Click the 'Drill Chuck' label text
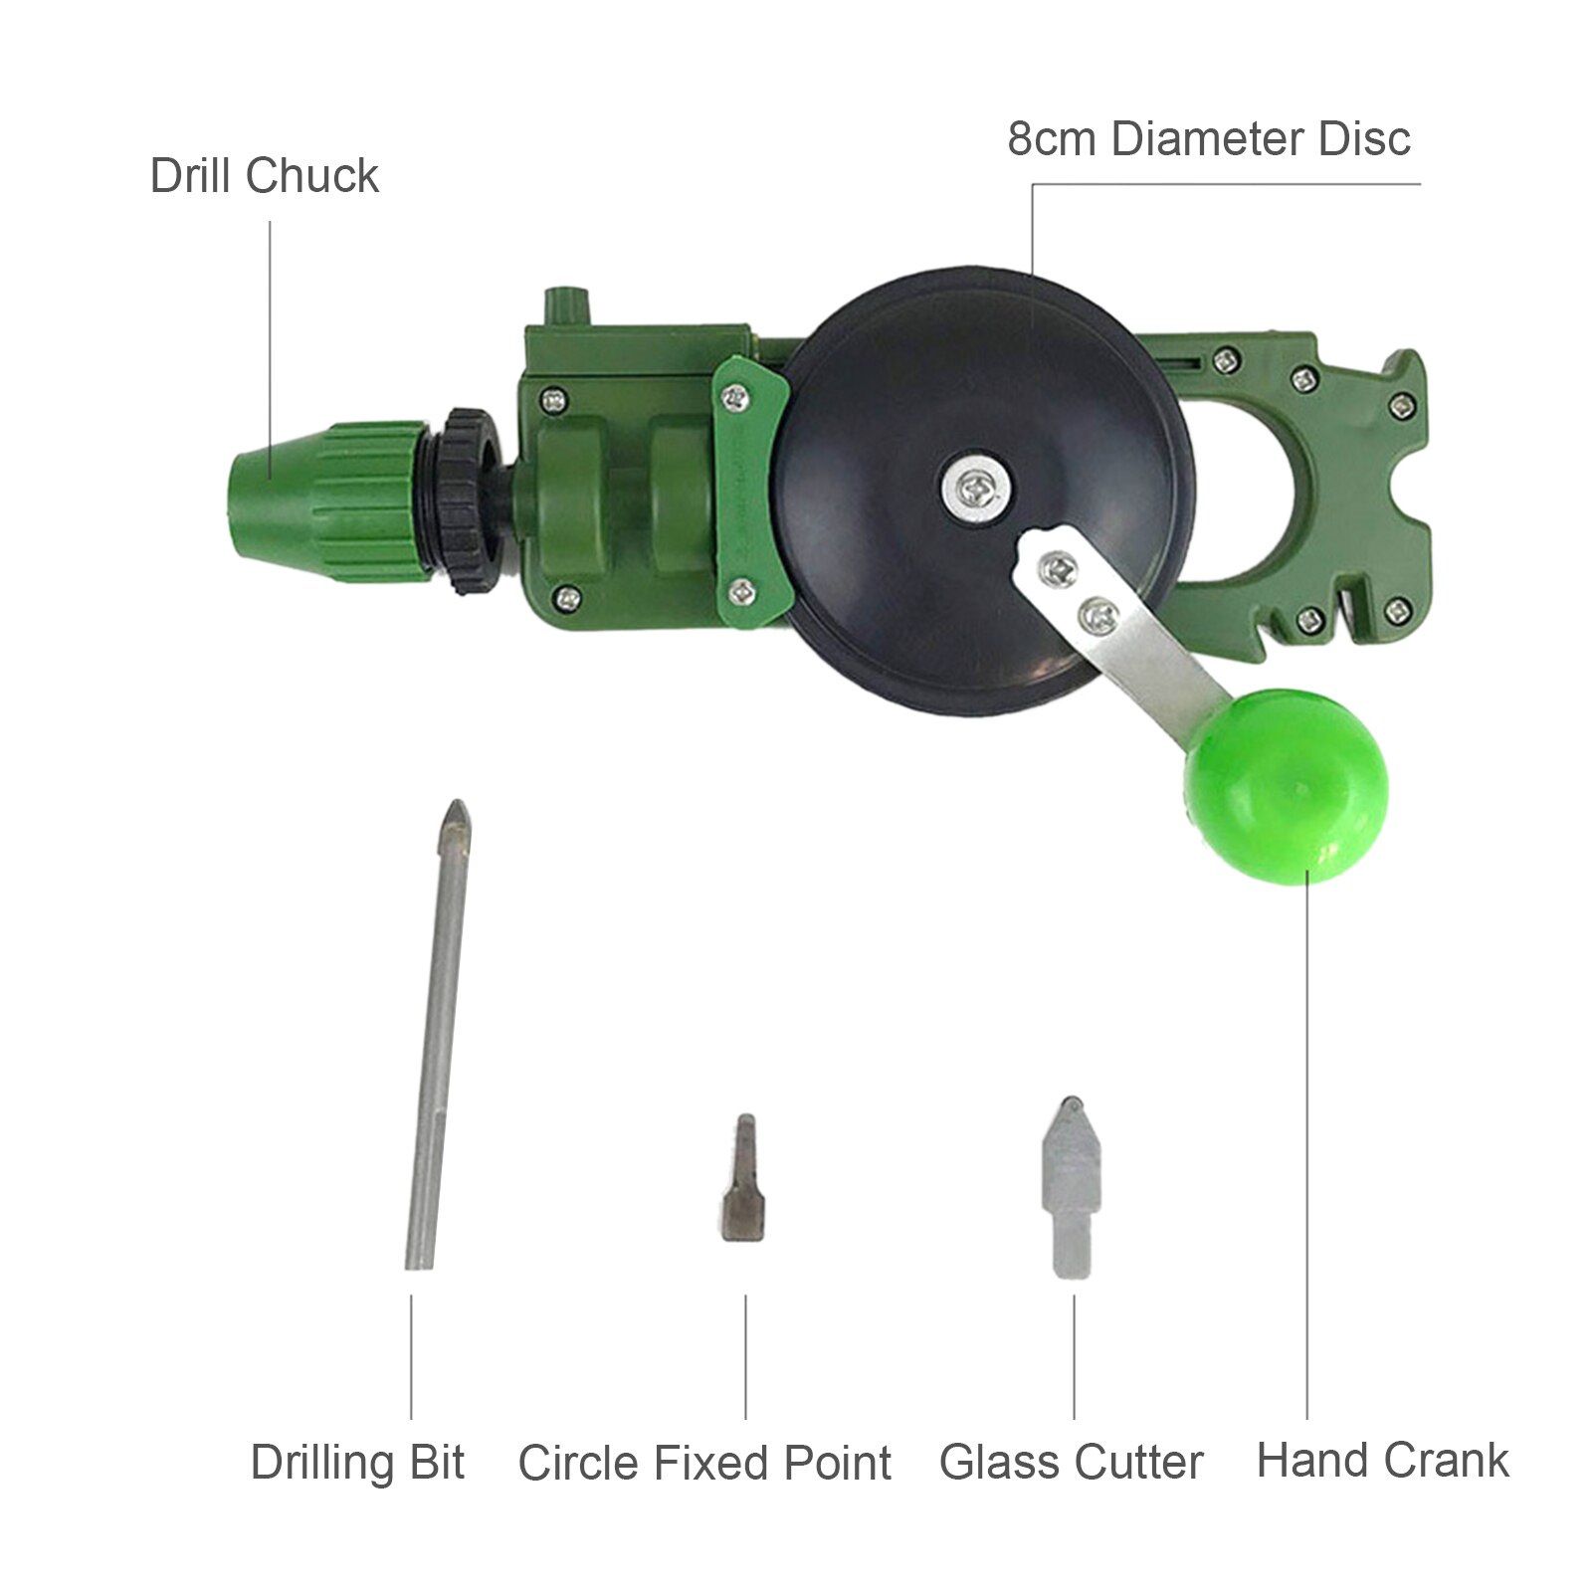(x=264, y=177)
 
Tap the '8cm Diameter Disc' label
(x=1208, y=139)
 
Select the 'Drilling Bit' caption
(x=357, y=1463)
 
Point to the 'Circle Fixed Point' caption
(x=704, y=1464)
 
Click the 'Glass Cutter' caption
(x=1071, y=1463)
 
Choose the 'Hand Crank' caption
(x=1382, y=1461)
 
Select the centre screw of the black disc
(x=974, y=487)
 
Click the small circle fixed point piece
(x=741, y=1179)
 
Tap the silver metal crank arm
(x=1124, y=637)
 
